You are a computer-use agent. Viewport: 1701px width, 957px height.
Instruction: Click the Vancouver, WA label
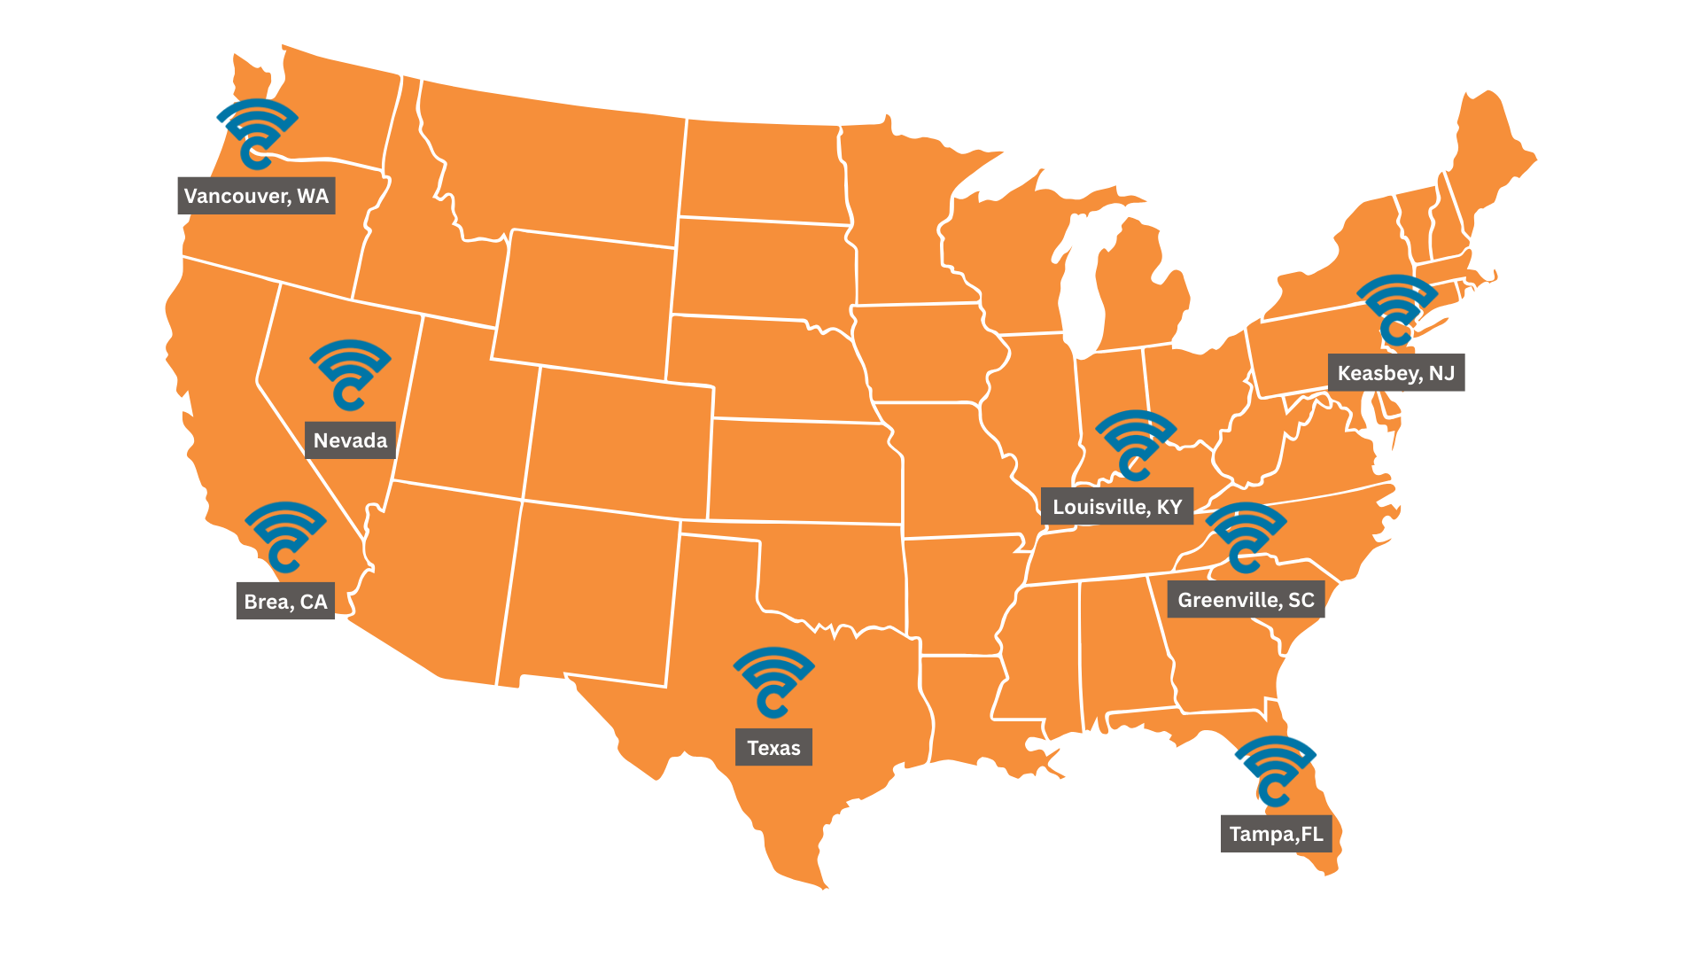256,196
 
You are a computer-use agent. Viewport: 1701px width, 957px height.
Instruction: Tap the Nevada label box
350,440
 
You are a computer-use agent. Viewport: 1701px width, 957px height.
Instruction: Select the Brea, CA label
285,602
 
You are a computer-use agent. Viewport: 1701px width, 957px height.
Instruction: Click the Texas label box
773,748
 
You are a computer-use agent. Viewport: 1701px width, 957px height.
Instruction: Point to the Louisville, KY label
1117,507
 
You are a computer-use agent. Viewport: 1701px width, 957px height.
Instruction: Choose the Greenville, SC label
1246,600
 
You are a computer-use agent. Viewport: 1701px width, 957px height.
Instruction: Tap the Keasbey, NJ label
1395,373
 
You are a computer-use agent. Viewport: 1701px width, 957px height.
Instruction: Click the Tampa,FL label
1276,834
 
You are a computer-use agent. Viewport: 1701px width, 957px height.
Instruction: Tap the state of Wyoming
585,301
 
